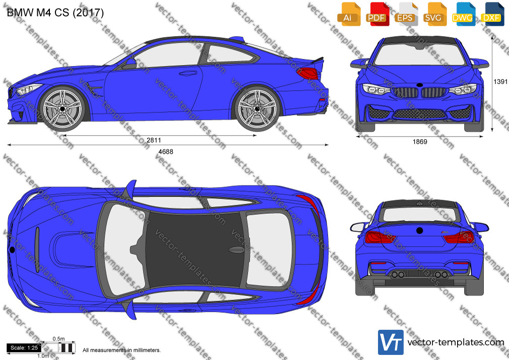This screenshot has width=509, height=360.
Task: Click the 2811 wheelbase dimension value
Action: point(154,140)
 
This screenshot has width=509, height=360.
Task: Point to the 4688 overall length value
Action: point(166,152)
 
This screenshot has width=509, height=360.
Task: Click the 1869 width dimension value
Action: point(420,142)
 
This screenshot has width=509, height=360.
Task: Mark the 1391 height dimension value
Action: point(500,82)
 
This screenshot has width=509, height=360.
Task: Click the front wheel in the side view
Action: point(62,108)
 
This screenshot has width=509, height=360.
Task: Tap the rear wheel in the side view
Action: point(258,108)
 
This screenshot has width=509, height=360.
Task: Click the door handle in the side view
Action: point(188,74)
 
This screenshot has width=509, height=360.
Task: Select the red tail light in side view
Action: point(307,73)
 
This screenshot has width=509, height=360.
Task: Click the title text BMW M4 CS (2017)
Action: point(55,13)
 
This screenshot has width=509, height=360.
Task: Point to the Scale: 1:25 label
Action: point(24,348)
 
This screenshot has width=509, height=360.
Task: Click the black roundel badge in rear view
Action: point(420,231)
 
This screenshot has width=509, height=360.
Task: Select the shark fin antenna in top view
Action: point(237,250)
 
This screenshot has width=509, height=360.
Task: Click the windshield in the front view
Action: point(420,54)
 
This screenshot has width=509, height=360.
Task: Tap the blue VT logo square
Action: point(391,342)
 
